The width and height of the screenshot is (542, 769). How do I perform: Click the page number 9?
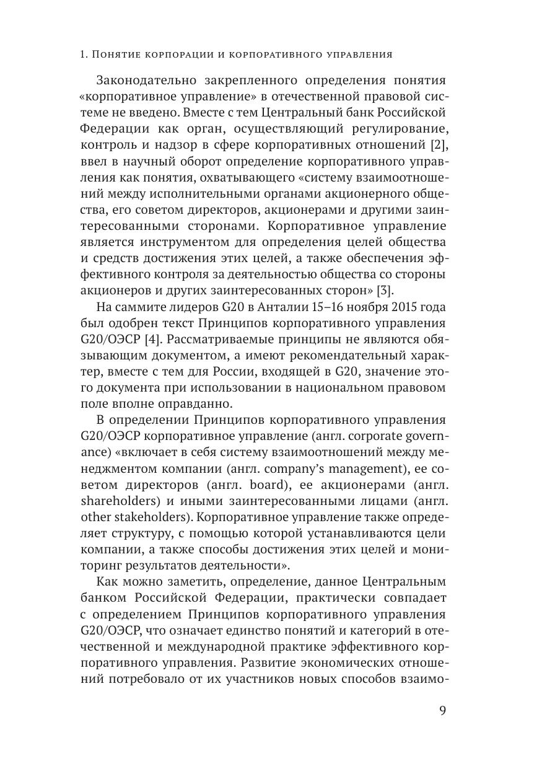click(x=442, y=710)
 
